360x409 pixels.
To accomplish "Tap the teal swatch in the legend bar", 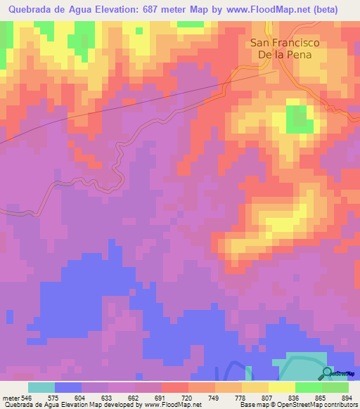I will coord(41,387).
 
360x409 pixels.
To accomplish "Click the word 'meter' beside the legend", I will coord(11,397).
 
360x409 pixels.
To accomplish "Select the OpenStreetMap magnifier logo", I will coord(327,373).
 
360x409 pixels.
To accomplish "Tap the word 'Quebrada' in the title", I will coord(30,10).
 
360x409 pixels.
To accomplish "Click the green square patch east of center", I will coord(300,119).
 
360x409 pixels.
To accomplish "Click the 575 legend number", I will coord(54,397).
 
